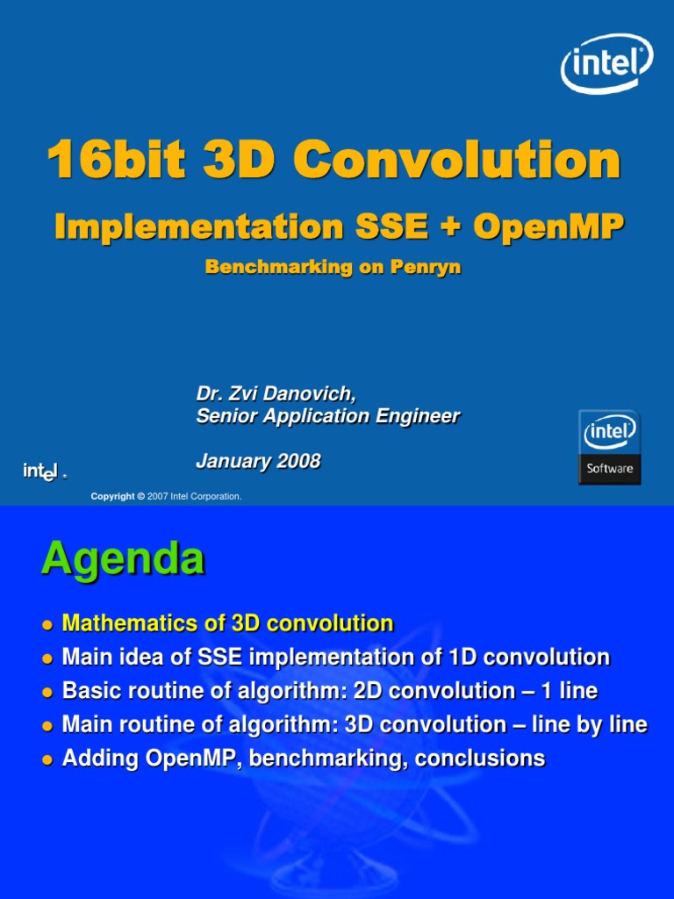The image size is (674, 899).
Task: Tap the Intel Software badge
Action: tap(610, 447)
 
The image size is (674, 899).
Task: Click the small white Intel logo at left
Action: tap(42, 471)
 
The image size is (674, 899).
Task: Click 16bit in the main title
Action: tap(115, 162)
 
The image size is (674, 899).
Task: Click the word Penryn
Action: tap(428, 268)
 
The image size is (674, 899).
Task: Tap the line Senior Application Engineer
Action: tap(327, 416)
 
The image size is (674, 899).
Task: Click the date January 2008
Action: tap(258, 461)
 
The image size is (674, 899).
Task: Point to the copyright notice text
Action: tap(166, 497)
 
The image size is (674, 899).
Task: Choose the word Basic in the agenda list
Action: tap(88, 691)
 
